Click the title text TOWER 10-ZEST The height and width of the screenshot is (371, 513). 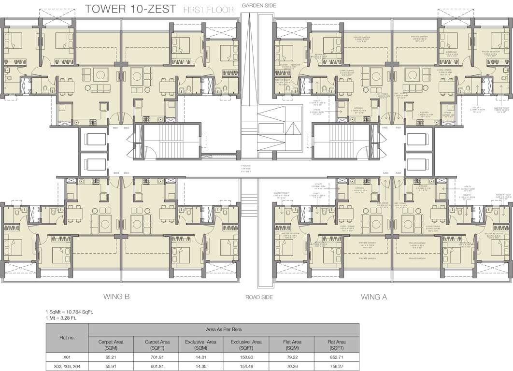(x=129, y=8)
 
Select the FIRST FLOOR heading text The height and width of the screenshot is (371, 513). (x=208, y=9)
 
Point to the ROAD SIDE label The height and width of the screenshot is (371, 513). (x=259, y=298)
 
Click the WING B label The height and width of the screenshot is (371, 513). (x=116, y=297)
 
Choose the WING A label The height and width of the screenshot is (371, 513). (x=374, y=297)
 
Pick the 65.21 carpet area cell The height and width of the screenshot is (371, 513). (x=111, y=357)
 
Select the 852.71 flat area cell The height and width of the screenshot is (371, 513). (x=336, y=357)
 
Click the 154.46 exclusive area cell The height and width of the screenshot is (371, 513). (x=246, y=367)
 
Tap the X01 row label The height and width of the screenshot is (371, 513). (x=67, y=357)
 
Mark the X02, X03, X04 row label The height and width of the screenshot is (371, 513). (x=67, y=367)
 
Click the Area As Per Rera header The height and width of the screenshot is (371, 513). (x=224, y=329)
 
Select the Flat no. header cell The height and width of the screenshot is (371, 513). (x=67, y=337)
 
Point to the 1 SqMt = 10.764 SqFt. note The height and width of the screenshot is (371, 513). (x=70, y=312)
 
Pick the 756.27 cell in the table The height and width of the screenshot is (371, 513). (x=336, y=367)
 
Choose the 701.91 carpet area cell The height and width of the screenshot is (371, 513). (x=156, y=357)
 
